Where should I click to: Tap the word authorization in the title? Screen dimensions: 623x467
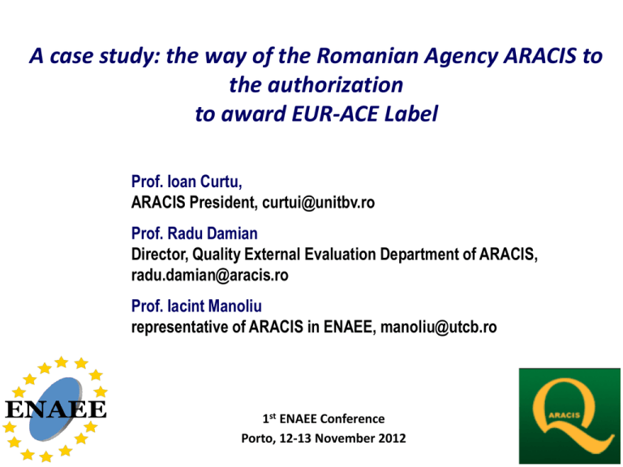335,85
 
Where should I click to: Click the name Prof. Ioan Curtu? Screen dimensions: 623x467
187,182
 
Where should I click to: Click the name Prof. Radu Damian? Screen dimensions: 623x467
195,233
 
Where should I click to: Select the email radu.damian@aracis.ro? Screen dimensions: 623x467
210,275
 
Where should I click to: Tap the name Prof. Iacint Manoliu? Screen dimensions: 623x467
196,306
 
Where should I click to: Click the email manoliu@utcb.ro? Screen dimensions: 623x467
439,328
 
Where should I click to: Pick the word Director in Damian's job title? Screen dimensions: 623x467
160,255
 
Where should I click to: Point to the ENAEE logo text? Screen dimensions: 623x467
56,409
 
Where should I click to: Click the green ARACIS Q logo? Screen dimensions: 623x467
569,416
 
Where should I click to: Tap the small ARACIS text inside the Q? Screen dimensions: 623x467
565,415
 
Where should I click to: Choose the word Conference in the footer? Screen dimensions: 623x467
352,418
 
